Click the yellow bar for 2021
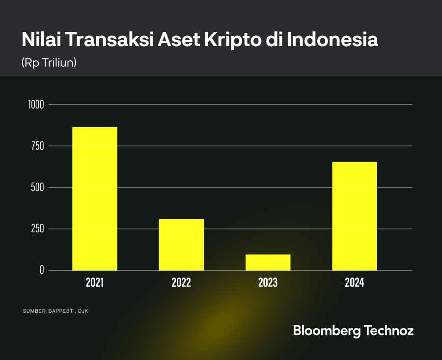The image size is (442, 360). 95,198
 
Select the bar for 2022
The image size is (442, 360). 181,245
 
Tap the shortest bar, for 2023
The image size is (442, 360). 268,262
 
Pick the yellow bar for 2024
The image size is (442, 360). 355,216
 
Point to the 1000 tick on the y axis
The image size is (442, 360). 36,105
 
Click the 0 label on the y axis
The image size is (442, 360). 42,270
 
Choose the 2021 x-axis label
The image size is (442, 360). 95,283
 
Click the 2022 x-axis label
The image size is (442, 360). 181,283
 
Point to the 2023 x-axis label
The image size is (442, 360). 268,283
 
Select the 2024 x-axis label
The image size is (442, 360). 355,283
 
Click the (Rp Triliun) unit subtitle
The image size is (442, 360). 49,63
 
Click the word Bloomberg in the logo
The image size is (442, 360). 326,331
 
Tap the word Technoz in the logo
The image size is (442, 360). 388,330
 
